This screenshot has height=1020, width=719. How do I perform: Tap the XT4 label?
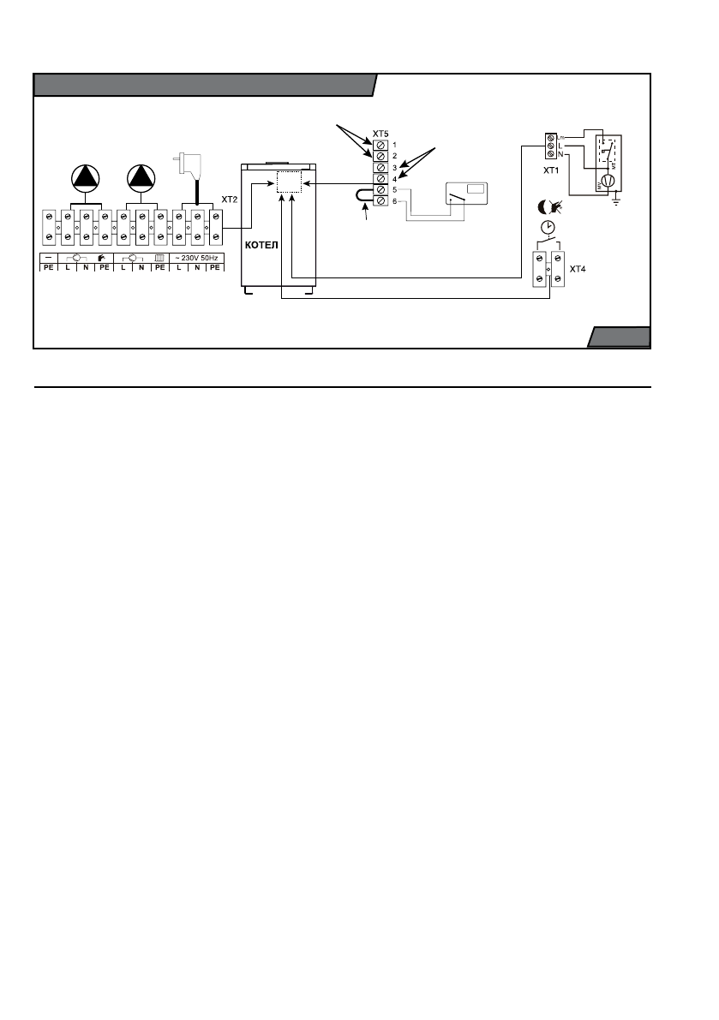(x=579, y=267)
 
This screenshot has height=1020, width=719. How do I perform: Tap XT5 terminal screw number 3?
(x=380, y=168)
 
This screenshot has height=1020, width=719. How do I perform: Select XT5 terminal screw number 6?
(x=380, y=200)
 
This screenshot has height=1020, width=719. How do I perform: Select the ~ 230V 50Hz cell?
(x=197, y=257)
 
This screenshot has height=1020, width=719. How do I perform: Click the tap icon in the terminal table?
(x=103, y=257)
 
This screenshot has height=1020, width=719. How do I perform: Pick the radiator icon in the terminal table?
(x=159, y=257)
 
